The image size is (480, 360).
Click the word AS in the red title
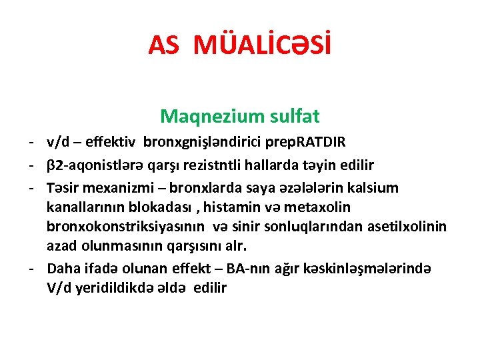pos(164,45)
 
